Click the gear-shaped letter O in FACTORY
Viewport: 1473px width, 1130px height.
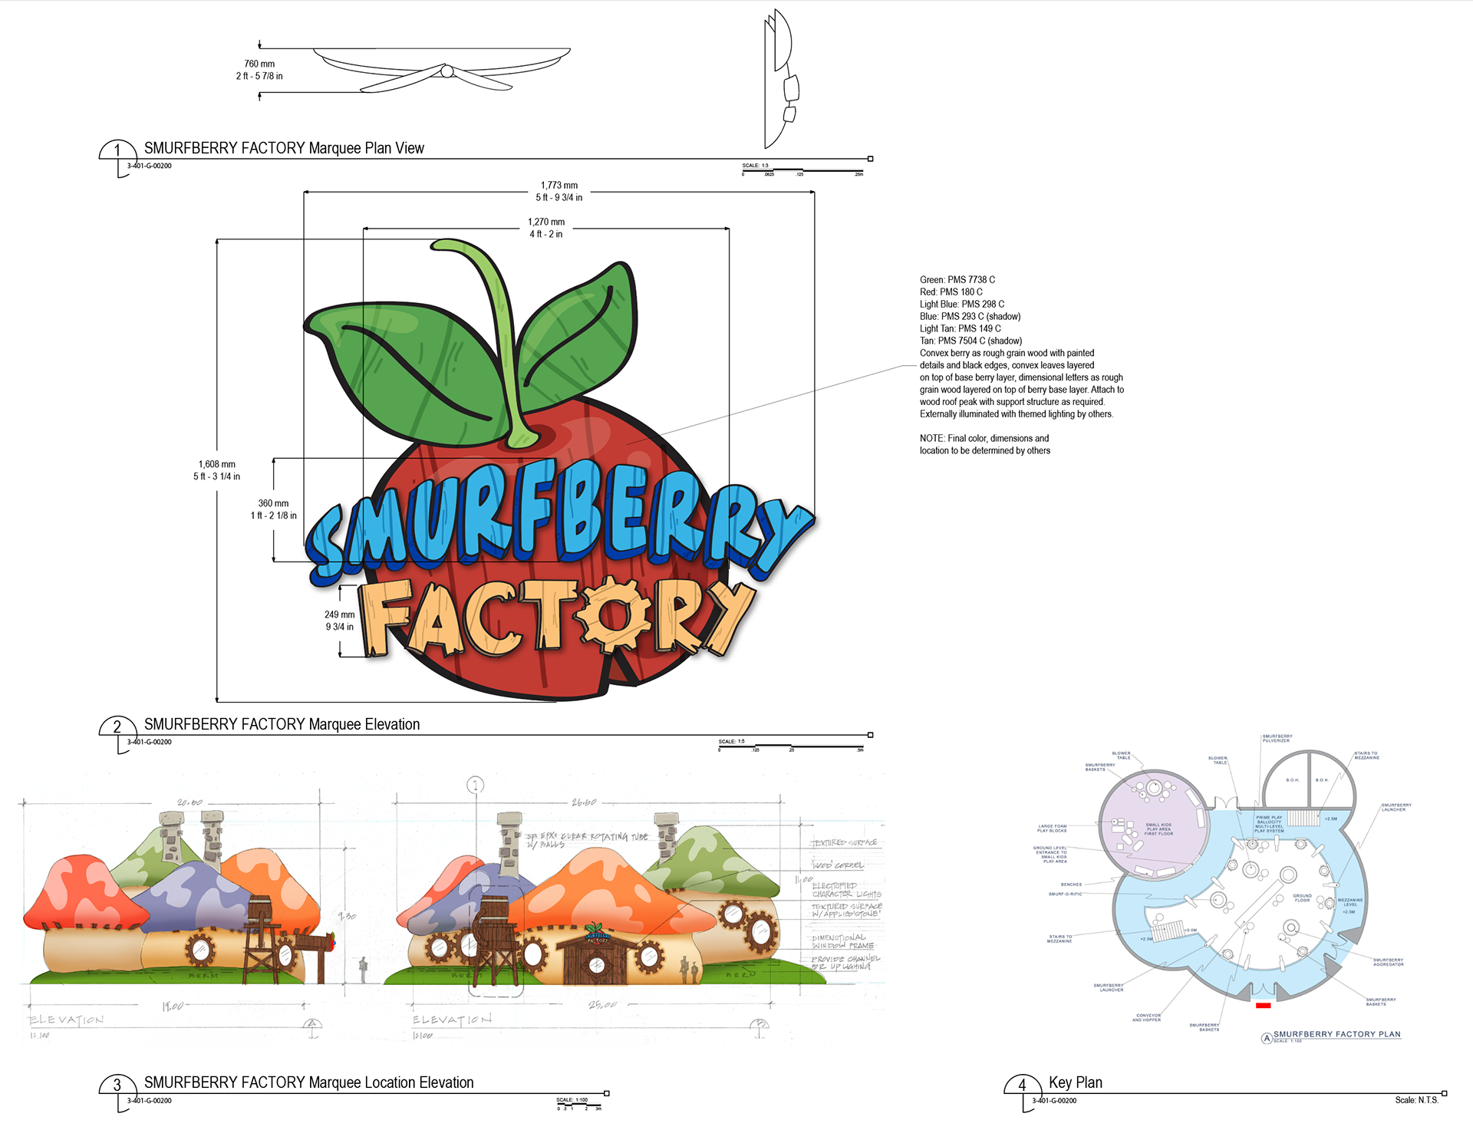(614, 614)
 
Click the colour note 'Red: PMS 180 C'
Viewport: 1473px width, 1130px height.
(951, 292)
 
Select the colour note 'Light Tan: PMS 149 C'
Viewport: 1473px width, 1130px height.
(960, 329)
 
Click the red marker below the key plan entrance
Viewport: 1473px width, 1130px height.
(1263, 1005)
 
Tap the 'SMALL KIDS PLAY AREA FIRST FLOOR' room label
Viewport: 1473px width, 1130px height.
(1158, 829)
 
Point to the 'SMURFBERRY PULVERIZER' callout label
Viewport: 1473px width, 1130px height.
(1277, 738)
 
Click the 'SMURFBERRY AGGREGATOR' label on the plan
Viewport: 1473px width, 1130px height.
(1388, 962)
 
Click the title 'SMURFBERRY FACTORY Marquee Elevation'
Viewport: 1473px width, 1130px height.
(282, 725)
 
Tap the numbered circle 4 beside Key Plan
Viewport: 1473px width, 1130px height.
(1021, 1085)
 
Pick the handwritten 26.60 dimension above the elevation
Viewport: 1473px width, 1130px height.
(583, 802)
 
